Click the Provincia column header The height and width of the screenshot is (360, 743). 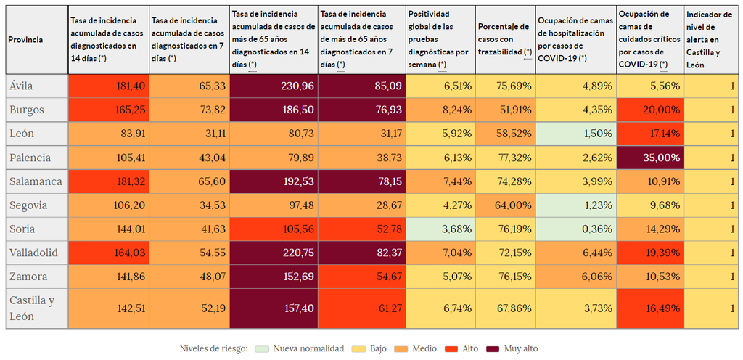[25, 40]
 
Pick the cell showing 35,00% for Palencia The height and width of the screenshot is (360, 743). [649, 157]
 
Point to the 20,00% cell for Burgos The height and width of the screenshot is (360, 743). [649, 110]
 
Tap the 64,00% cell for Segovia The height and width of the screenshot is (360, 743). [505, 205]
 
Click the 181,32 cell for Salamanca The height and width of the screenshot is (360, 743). [108, 181]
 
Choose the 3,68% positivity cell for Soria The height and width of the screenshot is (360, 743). [440, 229]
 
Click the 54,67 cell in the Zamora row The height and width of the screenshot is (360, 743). [361, 277]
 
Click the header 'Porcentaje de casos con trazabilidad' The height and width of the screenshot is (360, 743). [505, 40]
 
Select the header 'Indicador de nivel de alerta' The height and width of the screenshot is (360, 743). [712, 40]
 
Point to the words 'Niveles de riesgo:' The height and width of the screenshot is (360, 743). [213, 349]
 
